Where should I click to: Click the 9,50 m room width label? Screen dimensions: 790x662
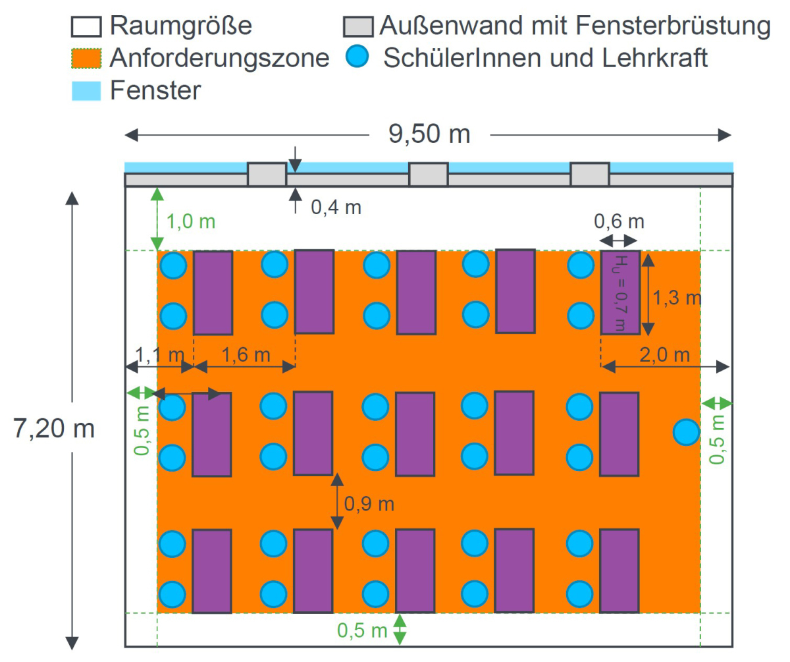[x=429, y=134]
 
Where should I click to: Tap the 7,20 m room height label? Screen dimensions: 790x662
[x=54, y=428]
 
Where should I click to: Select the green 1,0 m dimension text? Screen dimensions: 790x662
[x=191, y=221]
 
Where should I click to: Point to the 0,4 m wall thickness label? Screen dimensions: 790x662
[x=336, y=207]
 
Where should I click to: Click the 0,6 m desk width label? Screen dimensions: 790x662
[x=619, y=221]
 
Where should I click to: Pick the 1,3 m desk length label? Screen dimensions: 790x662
[x=677, y=298]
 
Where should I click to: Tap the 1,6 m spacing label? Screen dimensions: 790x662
[x=246, y=355]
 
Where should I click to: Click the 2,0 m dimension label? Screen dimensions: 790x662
[x=665, y=355]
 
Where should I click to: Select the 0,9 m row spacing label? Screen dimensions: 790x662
[x=369, y=504]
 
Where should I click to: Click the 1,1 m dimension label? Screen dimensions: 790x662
[x=160, y=355]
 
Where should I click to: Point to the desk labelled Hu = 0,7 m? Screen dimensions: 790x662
[x=620, y=292]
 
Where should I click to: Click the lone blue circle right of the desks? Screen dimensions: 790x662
[x=687, y=432]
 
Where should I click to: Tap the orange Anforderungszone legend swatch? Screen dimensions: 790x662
[x=86, y=58]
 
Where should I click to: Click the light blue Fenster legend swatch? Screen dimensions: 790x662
[x=86, y=91]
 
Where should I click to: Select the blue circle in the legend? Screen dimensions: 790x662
[x=357, y=56]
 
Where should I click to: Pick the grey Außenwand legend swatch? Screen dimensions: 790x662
[x=358, y=26]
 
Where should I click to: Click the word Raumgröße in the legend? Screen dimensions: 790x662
[x=181, y=26]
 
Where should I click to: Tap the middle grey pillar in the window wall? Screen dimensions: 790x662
[x=429, y=175]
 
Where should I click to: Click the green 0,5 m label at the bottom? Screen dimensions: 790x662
[x=362, y=630]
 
